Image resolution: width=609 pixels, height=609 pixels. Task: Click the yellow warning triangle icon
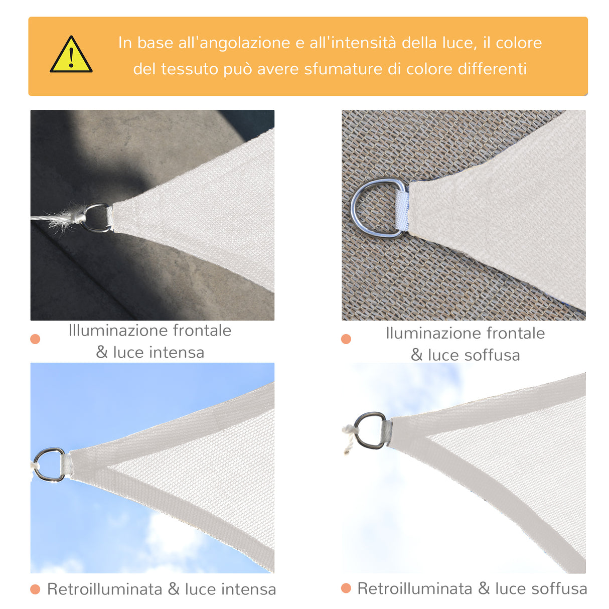(71, 55)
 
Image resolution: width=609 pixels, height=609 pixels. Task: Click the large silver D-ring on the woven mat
(374, 208)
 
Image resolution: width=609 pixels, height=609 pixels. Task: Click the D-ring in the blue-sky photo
(49, 465)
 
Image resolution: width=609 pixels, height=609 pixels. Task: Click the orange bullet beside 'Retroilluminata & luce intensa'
(35, 589)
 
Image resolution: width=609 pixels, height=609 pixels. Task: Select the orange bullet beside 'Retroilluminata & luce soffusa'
(346, 588)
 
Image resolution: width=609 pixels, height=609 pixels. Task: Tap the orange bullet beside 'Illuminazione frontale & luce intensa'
(35, 339)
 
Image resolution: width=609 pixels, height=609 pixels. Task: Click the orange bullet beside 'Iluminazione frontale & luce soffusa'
(346, 339)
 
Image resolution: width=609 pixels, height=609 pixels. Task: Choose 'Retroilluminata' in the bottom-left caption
(104, 589)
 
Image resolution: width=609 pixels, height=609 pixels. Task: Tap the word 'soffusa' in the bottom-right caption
(559, 588)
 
